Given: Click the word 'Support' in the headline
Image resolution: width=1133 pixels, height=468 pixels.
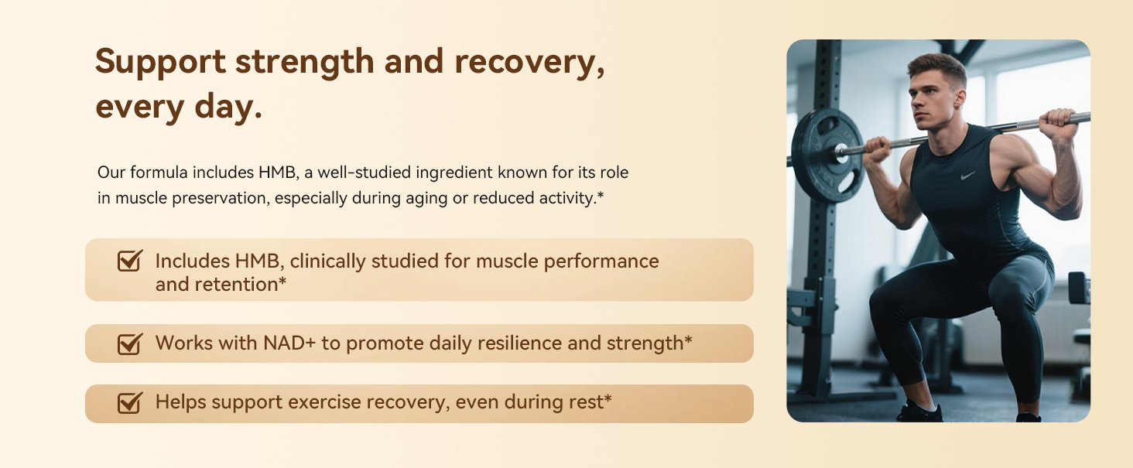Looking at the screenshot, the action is point(160,63).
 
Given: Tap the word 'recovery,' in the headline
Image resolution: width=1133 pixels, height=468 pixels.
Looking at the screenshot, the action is point(529,63).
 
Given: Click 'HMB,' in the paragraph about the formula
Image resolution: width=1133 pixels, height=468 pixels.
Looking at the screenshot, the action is point(278,173).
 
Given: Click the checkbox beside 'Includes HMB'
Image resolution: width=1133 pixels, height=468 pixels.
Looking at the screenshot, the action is point(130,261).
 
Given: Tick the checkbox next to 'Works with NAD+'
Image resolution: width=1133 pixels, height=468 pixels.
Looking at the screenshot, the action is point(130,343).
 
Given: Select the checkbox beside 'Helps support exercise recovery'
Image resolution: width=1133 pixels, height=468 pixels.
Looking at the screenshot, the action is point(130,403).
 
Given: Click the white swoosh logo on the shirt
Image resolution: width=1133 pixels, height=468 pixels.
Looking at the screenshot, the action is point(968,176).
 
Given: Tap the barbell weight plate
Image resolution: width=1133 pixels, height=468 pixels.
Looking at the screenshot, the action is point(827,155).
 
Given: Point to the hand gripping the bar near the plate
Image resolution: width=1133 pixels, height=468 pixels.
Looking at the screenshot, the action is point(878,150).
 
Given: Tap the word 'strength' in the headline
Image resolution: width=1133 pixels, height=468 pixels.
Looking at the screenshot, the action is point(305,63).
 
